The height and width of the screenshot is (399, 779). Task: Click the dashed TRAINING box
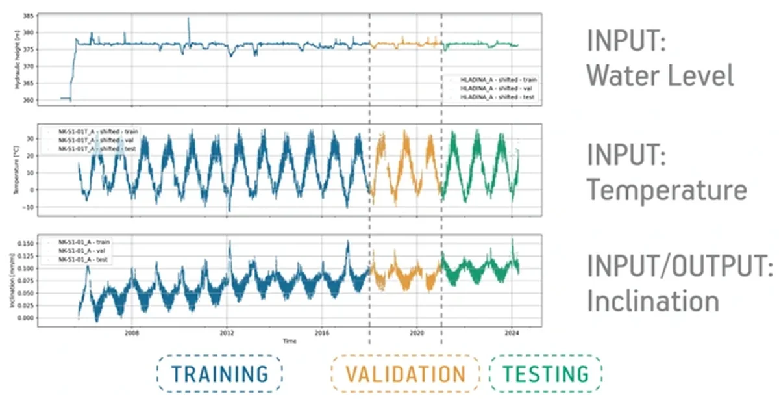[x=219, y=374]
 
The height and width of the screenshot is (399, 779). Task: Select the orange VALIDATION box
[x=405, y=374]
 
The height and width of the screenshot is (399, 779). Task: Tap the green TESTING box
[x=545, y=374]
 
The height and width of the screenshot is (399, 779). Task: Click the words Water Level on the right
[x=660, y=76]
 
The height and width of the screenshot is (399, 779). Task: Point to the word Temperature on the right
[x=667, y=190]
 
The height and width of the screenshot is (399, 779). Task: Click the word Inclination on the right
[x=653, y=302]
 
